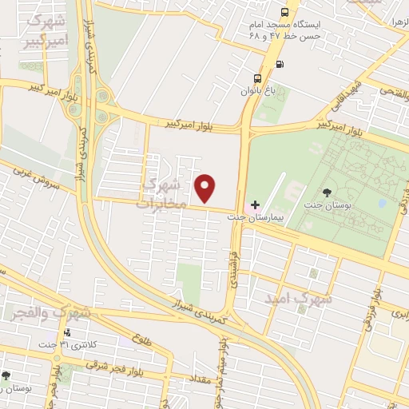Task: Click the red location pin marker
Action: point(206,189)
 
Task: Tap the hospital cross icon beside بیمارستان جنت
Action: point(255,205)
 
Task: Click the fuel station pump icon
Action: point(279,66)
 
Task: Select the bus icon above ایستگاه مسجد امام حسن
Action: point(285,13)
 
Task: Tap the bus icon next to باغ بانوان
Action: point(257,78)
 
